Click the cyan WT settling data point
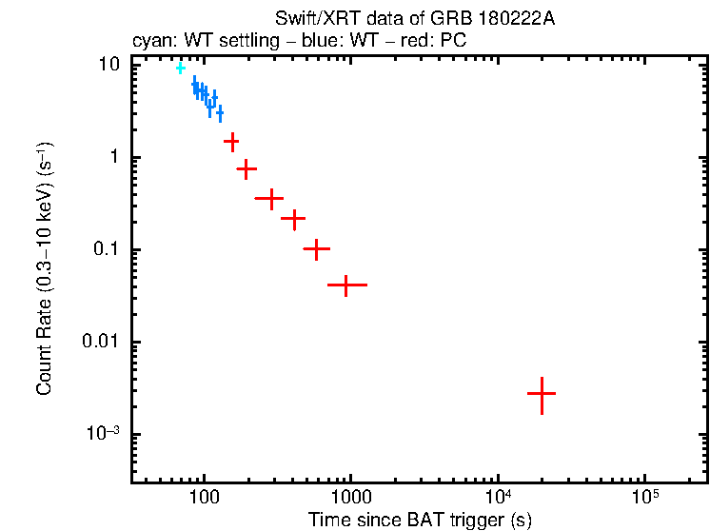pos(180,68)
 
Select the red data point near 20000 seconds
pos(541,393)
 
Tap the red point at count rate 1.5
pos(231,141)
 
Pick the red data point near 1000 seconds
pos(346,285)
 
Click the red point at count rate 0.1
pos(316,248)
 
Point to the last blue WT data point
pos(220,113)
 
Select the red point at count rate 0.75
pos(247,169)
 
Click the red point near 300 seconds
pos(270,199)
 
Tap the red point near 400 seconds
pos(294,219)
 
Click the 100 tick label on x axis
pos(203,499)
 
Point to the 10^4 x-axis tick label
pos(497,497)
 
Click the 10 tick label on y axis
pos(110,65)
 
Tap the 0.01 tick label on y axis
pos(102,343)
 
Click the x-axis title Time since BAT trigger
pos(420,520)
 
